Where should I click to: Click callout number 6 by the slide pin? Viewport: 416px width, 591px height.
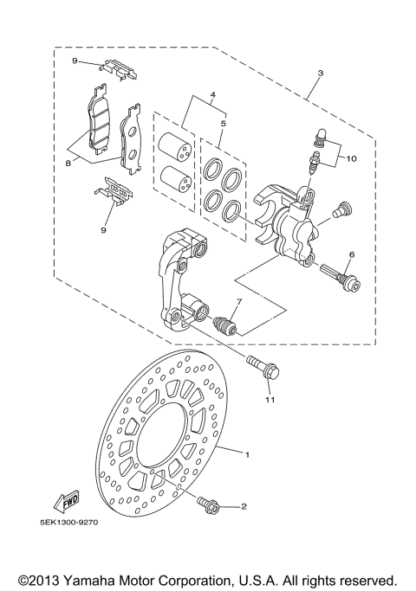(351, 254)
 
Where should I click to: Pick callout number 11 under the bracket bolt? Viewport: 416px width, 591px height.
(270, 401)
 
